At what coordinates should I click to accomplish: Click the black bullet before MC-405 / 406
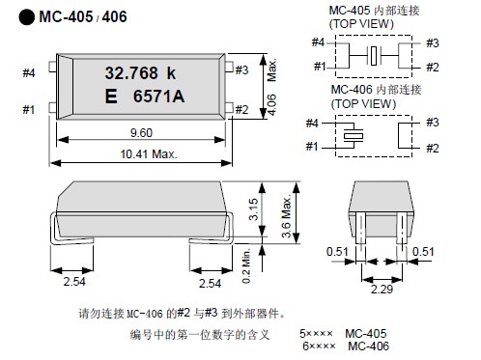click(x=27, y=17)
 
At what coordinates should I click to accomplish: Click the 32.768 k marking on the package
click(x=140, y=73)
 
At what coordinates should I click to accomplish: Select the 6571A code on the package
click(x=158, y=97)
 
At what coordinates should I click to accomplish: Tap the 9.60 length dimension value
click(x=141, y=133)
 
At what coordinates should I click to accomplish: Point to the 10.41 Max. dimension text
click(x=149, y=154)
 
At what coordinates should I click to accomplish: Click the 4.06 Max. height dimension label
click(x=271, y=87)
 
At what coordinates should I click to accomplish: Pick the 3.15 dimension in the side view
click(x=253, y=209)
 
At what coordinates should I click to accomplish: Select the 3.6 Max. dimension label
click(x=287, y=216)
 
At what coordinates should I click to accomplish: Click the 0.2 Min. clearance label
click(x=246, y=265)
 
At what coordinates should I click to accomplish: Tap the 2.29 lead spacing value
click(x=382, y=289)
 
